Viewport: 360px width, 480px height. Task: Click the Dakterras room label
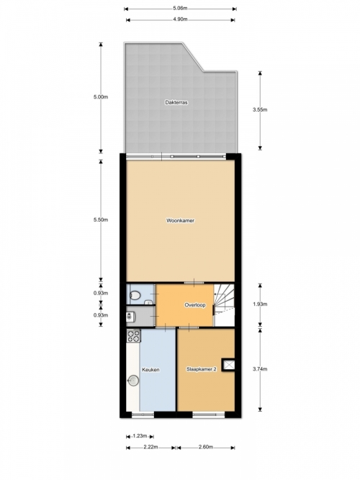tap(176, 103)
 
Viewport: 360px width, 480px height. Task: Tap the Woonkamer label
tap(180, 220)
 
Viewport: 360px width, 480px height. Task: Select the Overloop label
tap(195, 305)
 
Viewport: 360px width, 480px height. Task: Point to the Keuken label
tap(150, 370)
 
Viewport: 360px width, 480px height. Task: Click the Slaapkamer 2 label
tap(202, 369)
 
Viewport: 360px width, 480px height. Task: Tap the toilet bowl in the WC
tap(135, 295)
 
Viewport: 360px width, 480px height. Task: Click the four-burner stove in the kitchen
tap(134, 335)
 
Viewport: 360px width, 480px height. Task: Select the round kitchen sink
tap(133, 381)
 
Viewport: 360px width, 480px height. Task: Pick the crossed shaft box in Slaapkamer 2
tap(228, 365)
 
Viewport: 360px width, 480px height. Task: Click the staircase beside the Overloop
tap(224, 305)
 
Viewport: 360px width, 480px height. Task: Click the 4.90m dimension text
tap(180, 19)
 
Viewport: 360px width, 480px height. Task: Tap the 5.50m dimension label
tap(101, 219)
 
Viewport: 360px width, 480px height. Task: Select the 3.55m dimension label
tap(260, 109)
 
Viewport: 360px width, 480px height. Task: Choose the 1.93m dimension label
tap(260, 304)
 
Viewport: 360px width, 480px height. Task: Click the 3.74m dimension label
tap(260, 369)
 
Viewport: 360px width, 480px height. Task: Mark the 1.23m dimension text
tap(140, 436)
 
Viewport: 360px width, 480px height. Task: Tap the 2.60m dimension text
tap(206, 447)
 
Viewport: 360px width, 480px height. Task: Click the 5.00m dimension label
tap(101, 97)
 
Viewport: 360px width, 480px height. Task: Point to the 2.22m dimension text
tap(150, 447)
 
